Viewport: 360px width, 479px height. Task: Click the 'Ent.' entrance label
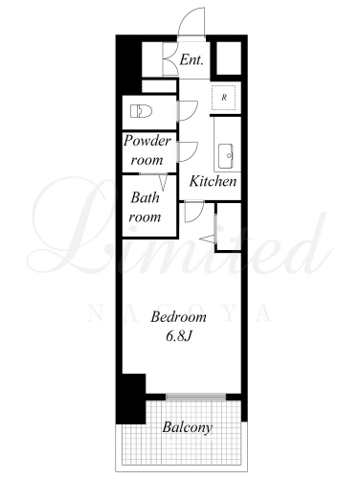tap(191, 59)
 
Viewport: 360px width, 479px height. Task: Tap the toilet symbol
tap(141, 111)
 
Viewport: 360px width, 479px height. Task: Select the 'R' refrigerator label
tap(224, 98)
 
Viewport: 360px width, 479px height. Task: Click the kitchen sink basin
tap(226, 156)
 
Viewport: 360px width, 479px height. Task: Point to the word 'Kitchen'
tap(213, 181)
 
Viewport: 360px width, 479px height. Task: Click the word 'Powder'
tap(147, 141)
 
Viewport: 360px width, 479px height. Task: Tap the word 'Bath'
tap(145, 197)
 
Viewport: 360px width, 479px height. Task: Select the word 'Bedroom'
tap(178, 317)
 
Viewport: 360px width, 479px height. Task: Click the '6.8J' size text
tap(178, 336)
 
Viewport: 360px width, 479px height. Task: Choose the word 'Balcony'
tap(187, 427)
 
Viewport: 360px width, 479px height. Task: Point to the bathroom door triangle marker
tap(164, 182)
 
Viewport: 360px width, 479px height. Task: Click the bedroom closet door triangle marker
tap(208, 239)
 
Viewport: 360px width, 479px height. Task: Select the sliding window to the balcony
tap(195, 397)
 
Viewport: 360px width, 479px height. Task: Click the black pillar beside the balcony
tap(131, 399)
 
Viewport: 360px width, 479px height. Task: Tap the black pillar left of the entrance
tap(128, 64)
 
